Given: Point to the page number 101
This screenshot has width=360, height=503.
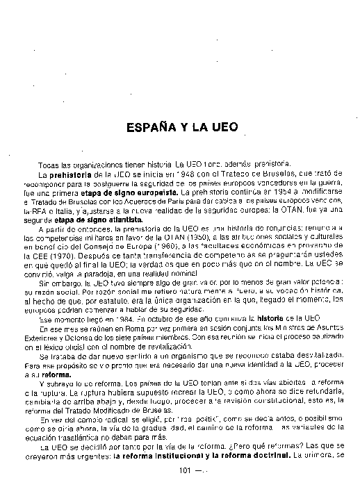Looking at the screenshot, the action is tap(184, 470).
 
